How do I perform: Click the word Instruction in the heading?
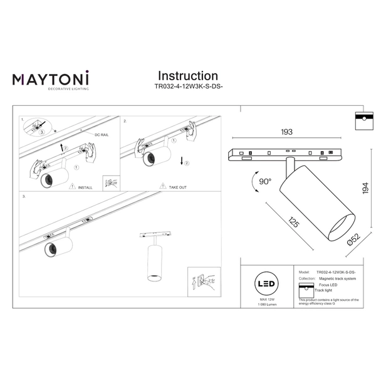tap(187, 76)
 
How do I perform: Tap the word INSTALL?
tap(85, 187)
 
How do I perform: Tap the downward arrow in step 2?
tap(182, 162)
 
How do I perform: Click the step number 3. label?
tap(24, 197)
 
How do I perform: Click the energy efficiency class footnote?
tap(328, 302)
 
